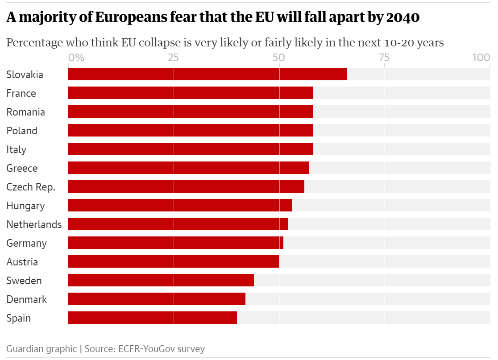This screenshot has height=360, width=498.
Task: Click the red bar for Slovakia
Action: tap(207, 74)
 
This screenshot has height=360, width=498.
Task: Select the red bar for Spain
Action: tap(152, 318)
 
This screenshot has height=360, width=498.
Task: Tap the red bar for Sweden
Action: tap(161, 280)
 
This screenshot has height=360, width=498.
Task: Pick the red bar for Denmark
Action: tap(157, 299)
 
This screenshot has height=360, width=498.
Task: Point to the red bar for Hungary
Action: tap(180, 205)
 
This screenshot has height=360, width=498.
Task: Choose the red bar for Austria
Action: tap(174, 261)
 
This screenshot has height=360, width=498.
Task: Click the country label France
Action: tap(21, 93)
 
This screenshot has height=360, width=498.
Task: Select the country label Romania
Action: tap(25, 112)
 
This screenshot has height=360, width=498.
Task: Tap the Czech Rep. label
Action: tap(31, 187)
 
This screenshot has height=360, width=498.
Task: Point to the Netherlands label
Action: tap(34, 224)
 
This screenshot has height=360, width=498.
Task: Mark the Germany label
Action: tap(26, 243)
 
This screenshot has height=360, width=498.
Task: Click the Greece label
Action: tap(22, 168)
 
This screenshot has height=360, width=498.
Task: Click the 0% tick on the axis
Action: tap(76, 58)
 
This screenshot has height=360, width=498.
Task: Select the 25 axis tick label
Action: tap(174, 58)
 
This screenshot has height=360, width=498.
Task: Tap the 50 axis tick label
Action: tap(279, 58)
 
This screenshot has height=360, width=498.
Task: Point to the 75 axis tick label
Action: tap(384, 58)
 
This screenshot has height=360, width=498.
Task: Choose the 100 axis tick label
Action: tap(481, 58)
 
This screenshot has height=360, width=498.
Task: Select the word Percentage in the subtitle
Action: tap(34, 43)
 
